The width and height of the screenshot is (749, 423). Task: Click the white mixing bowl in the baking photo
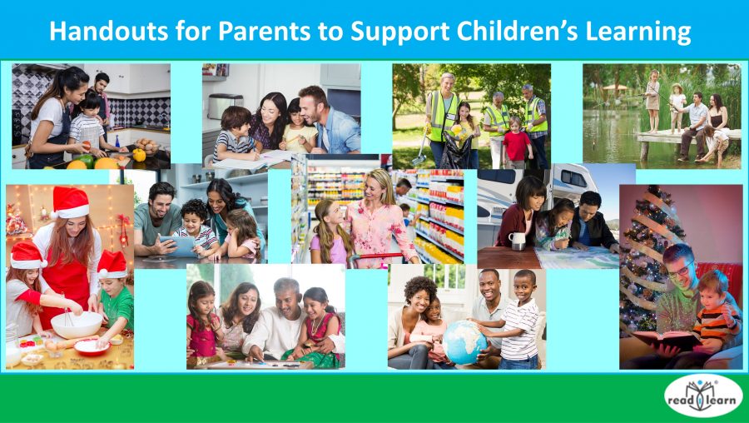tap(77, 322)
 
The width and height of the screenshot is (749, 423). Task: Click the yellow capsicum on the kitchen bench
tap(139, 155)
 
